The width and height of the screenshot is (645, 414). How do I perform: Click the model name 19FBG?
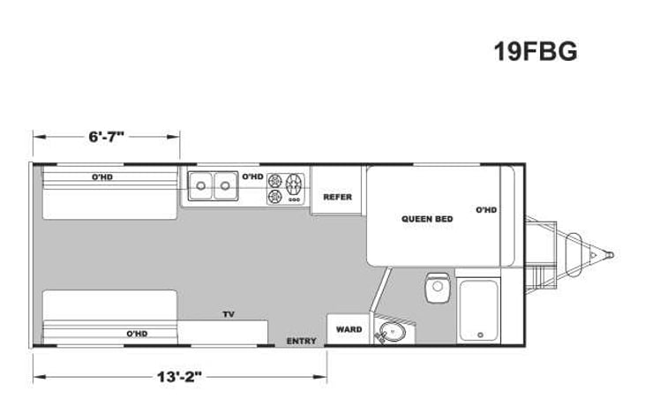[x=535, y=52]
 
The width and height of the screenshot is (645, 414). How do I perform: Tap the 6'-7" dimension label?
[x=107, y=137]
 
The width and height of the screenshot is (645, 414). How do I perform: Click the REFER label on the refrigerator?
[x=337, y=197]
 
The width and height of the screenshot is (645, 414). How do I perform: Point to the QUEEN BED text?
[x=427, y=218]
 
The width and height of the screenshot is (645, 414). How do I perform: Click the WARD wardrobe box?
[x=349, y=329]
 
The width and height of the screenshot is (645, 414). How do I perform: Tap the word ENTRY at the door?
[x=301, y=341]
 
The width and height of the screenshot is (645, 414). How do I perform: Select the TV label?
[x=228, y=314]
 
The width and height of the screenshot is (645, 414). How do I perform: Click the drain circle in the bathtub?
[x=481, y=335]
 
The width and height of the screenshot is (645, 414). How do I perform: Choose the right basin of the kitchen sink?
[x=225, y=185]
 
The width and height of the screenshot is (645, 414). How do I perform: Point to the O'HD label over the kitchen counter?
[x=252, y=177]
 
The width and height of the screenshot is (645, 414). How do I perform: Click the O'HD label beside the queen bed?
[x=486, y=210]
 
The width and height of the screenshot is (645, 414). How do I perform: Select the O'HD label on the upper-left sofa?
[x=108, y=177]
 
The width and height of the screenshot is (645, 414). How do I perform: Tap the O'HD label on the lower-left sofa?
[x=135, y=334]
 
